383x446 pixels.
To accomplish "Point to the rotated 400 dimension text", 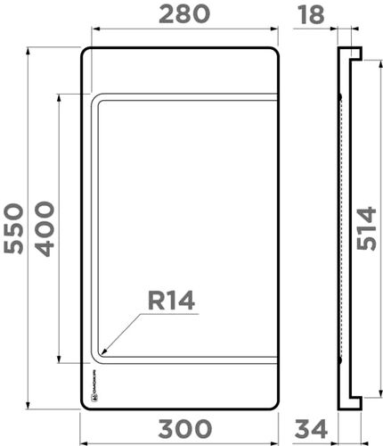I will pos(45,228).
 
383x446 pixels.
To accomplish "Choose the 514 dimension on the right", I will pos(365,228).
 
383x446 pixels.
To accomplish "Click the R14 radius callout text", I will pos(171,301).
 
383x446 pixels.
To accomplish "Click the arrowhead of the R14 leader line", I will pos(105,351).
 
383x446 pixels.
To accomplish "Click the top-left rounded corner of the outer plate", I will pos(85,52).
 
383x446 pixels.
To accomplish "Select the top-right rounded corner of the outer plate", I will pos(275,52).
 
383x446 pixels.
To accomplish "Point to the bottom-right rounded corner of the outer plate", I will pos(275,404).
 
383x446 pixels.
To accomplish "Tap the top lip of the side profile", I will pos(354,54).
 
